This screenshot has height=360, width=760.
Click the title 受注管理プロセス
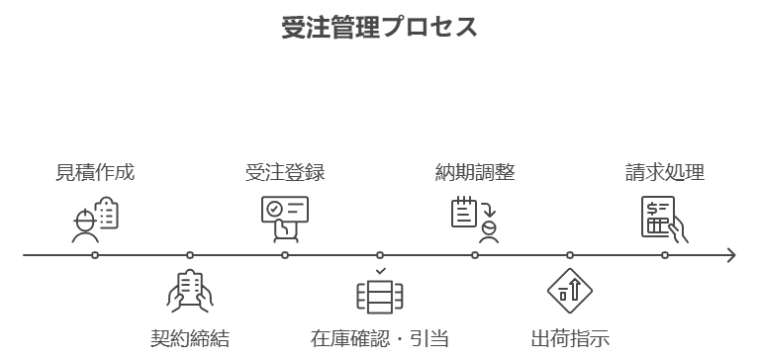coord(380,27)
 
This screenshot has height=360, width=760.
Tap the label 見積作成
coord(95,172)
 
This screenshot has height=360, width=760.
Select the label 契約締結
coord(190,338)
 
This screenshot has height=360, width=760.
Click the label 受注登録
coord(285,172)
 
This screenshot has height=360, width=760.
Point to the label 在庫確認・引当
coord(380,338)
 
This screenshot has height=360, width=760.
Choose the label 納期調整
coord(475,172)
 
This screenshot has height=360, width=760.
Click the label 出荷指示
coord(570,338)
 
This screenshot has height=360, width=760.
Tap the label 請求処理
coord(665,172)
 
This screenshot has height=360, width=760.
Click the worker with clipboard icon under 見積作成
coord(95,219)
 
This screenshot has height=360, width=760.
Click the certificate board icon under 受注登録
coord(285,218)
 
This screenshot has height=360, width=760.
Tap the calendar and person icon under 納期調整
coord(475,219)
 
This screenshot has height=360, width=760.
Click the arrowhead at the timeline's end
coord(731,255)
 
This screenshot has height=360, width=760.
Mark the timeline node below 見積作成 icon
coord(95,255)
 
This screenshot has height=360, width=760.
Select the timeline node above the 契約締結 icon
coord(190,255)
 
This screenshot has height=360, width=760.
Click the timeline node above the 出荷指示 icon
coord(570,255)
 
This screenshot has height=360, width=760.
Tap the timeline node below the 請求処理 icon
coord(665,255)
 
